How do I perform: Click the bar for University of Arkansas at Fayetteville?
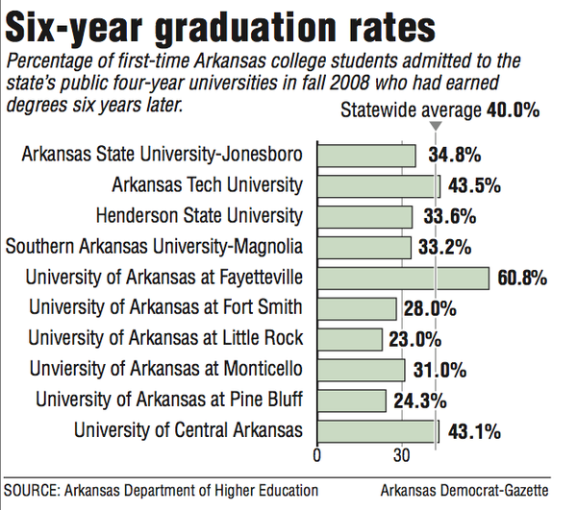[403, 279]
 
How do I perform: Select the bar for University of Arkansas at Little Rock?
[350, 339]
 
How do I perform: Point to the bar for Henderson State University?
[364, 216]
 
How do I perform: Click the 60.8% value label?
[523, 279]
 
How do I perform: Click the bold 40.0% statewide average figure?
[511, 110]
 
